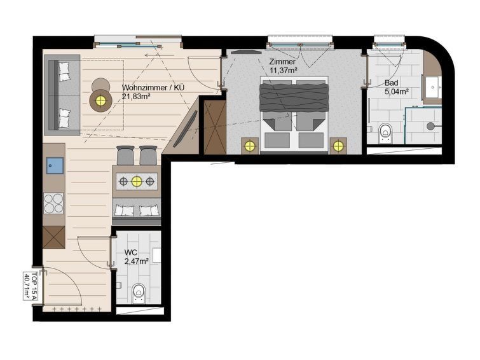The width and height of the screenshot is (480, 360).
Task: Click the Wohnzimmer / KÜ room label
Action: coord(153,88)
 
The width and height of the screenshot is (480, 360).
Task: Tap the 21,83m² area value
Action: coord(136,97)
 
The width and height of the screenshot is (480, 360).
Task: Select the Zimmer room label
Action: coord(282,62)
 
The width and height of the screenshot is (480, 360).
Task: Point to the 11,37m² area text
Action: coord(284,70)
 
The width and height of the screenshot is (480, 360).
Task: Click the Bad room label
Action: coord(391,83)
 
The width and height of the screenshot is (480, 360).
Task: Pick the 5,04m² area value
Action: coord(397,92)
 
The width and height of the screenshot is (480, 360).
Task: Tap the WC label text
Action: coord(131,253)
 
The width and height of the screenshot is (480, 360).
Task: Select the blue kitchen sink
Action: coord(55,165)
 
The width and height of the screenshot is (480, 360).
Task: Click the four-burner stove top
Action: coord(54,204)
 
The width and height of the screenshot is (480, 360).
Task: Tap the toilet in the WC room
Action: coord(139,293)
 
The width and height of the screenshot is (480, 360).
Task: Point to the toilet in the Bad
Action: coord(385,134)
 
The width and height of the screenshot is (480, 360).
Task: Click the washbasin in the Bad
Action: coord(433,87)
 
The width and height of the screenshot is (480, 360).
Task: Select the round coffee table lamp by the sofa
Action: coord(100,100)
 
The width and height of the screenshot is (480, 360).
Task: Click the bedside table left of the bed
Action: coord(250,146)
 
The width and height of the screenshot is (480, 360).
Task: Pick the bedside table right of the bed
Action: coord(338,146)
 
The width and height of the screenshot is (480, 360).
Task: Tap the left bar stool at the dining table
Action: coord(125,155)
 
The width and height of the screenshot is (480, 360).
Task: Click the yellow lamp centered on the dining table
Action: coord(137,182)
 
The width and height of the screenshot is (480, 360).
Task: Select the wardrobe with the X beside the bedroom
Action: coord(215,127)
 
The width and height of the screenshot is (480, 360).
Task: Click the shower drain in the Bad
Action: coord(430,125)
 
